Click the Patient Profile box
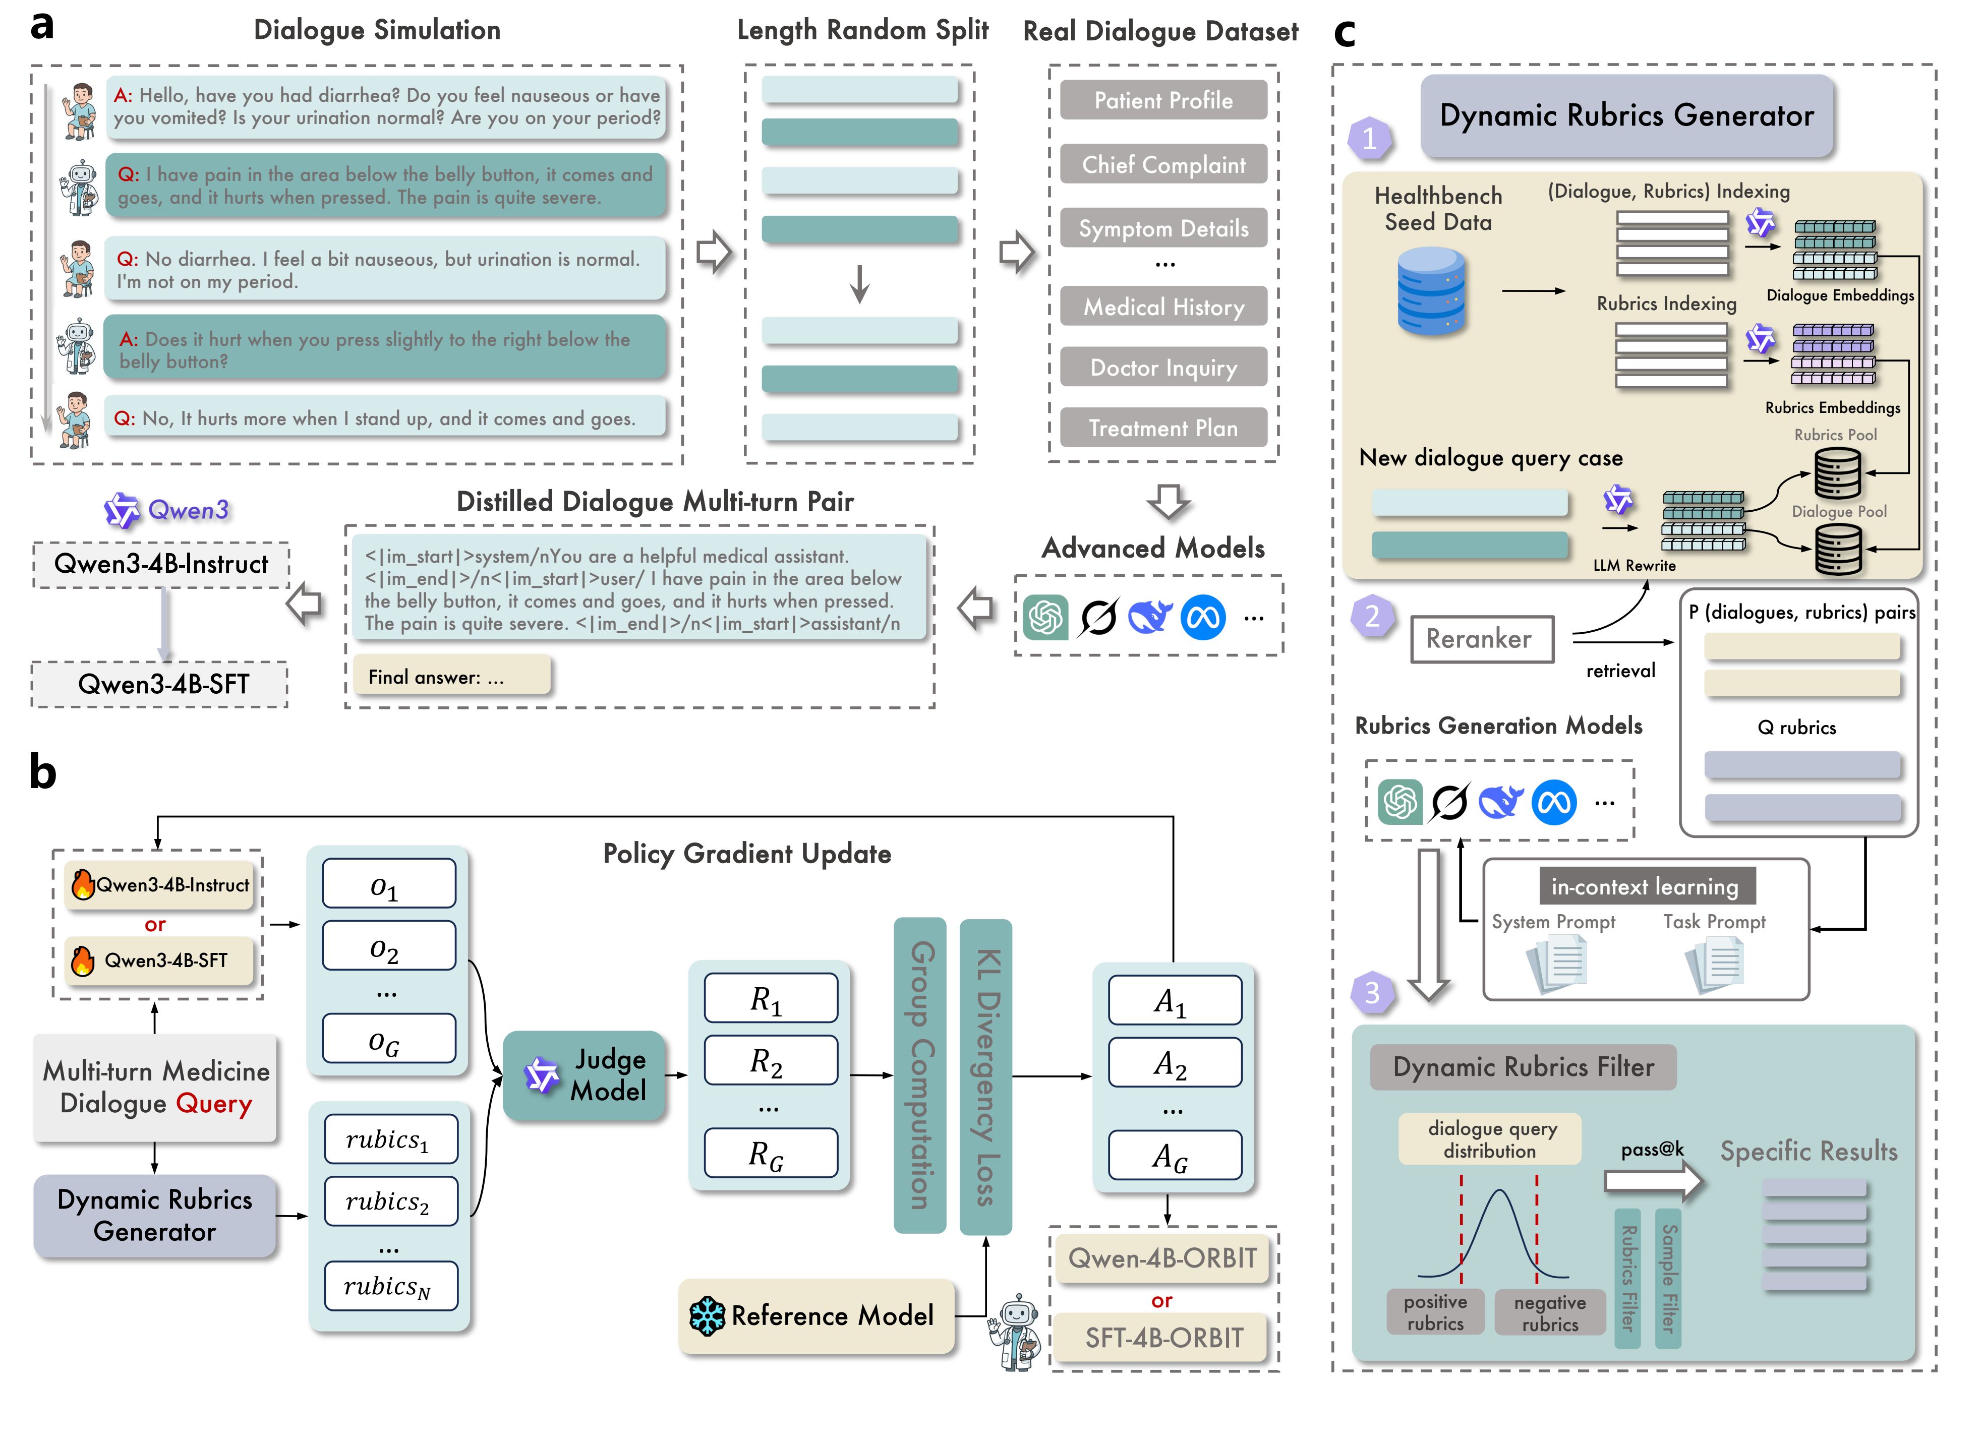1163,100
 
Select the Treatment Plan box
1163,428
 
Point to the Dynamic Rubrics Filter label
1522,1067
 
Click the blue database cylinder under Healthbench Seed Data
1431,291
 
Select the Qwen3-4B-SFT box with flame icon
160,960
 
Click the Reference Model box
816,1315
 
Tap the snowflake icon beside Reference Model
707,1315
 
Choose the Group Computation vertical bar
920,1074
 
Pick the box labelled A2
1174,1063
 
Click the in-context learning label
1646,886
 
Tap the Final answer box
451,677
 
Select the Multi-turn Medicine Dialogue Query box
156,1088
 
